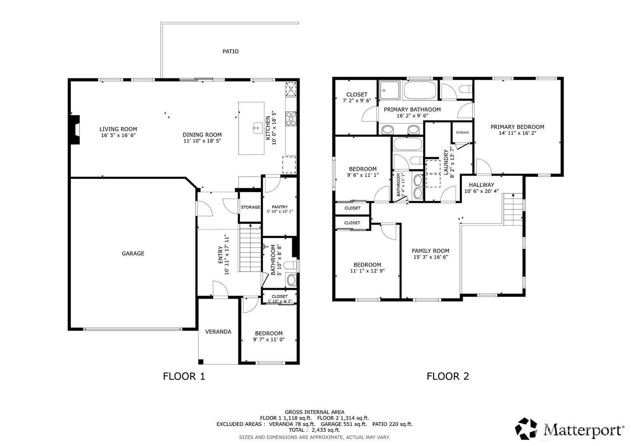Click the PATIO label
click(x=230, y=51)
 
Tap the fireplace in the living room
click(x=75, y=130)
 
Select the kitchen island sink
click(x=257, y=128)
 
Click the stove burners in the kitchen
click(x=291, y=119)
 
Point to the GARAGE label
click(x=133, y=253)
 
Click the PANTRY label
click(x=280, y=207)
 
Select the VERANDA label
click(x=218, y=331)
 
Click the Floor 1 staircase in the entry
click(x=250, y=248)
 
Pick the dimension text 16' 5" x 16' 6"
click(x=118, y=135)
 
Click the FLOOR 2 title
click(x=448, y=376)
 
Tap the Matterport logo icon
click(x=526, y=429)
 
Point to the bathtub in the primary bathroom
click(x=420, y=90)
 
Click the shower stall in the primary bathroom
click(x=390, y=90)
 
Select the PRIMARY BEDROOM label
click(x=517, y=127)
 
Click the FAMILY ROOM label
click(x=430, y=251)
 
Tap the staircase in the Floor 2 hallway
click(x=513, y=209)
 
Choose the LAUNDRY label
click(x=446, y=162)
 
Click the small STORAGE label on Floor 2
click(x=462, y=133)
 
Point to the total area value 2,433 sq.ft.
click(x=326, y=430)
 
